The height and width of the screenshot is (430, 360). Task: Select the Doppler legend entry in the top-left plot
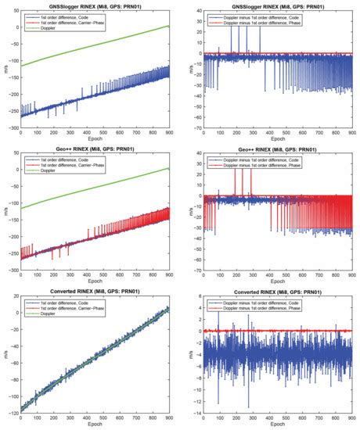point(48,25)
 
